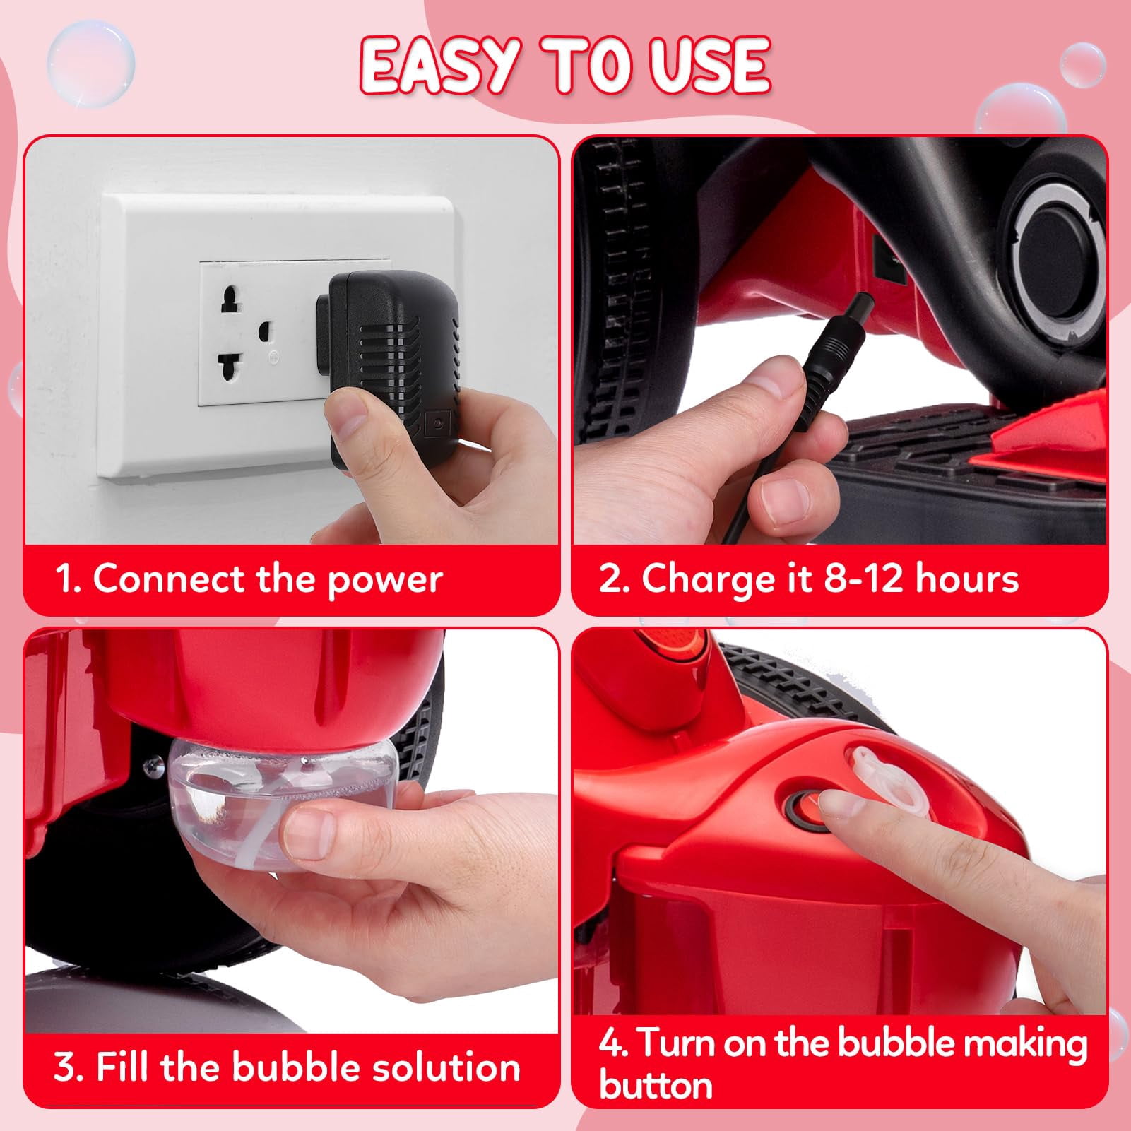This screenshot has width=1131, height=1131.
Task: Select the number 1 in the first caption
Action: coord(64,579)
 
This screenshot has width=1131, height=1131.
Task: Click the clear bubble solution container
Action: coord(283,802)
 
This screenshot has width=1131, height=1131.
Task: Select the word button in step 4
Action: coord(656,1084)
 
